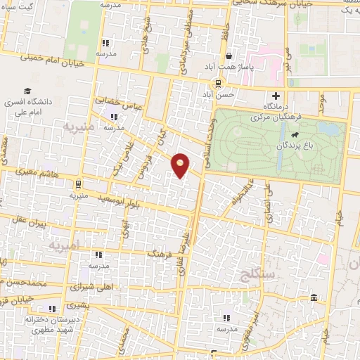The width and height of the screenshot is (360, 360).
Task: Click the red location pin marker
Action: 181,165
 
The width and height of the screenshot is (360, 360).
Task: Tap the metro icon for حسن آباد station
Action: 217,82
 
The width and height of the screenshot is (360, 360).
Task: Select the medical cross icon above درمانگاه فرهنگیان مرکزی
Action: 276,96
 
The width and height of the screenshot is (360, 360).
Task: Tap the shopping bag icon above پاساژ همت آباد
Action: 229,57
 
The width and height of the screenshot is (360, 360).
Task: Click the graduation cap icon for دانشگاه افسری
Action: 27,91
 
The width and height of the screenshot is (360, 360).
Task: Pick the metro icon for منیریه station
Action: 77,186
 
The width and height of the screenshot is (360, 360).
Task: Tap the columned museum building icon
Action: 314,298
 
